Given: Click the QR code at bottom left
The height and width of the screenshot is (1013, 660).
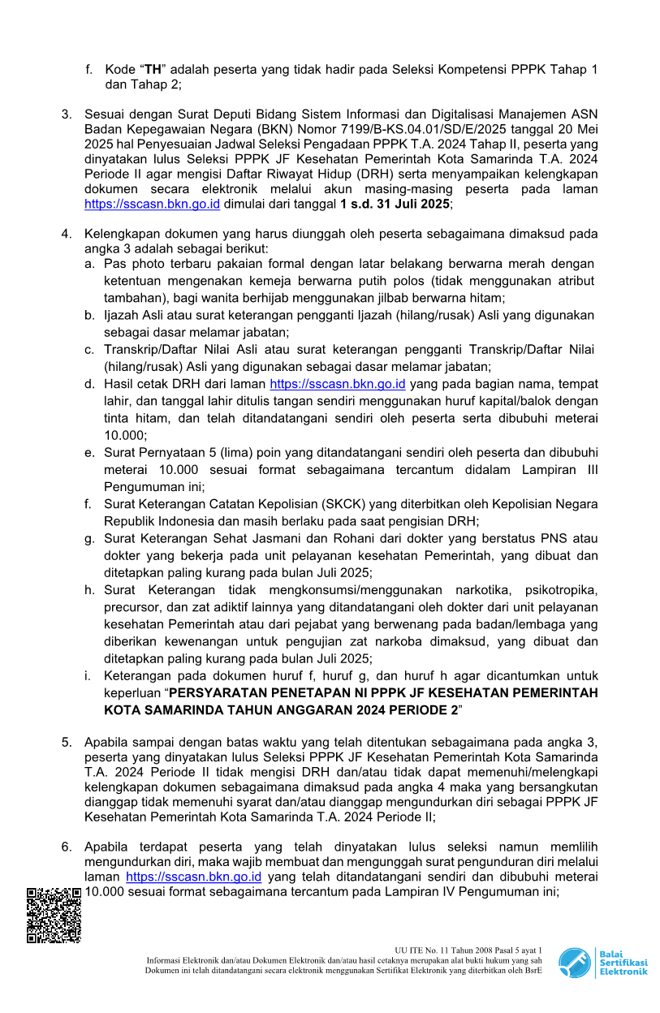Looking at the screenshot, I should coord(54,916).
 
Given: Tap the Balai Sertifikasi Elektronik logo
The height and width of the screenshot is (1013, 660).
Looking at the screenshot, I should coord(602,962).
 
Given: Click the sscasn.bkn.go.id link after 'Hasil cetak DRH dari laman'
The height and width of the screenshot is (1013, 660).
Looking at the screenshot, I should coord(337,384).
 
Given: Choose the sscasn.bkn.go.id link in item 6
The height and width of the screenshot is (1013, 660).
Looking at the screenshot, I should coord(193,877).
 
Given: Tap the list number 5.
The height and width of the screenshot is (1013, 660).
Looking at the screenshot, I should coord(67,743).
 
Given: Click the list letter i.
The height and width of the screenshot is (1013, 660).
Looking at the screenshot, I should coord(87,676).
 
